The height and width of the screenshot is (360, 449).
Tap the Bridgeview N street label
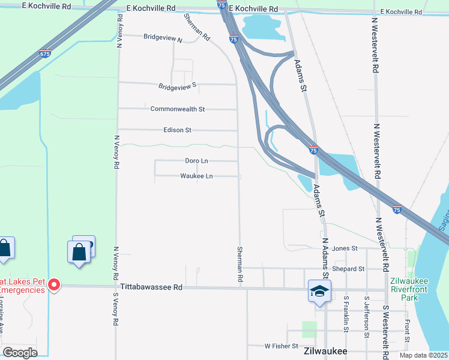(x=163, y=37)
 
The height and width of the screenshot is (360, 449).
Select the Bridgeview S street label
(x=178, y=86)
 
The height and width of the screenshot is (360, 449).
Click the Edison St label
(x=177, y=130)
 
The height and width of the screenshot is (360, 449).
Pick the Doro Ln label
(x=196, y=161)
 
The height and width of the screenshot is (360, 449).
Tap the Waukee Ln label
(x=196, y=176)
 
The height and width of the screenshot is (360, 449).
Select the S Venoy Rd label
(x=115, y=309)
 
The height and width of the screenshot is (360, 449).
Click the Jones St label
(x=345, y=248)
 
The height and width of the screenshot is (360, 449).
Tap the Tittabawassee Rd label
(x=151, y=287)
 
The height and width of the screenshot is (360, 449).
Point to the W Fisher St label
(x=281, y=346)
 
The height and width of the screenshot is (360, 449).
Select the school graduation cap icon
(x=319, y=292)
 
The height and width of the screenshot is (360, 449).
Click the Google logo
(x=20, y=353)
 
